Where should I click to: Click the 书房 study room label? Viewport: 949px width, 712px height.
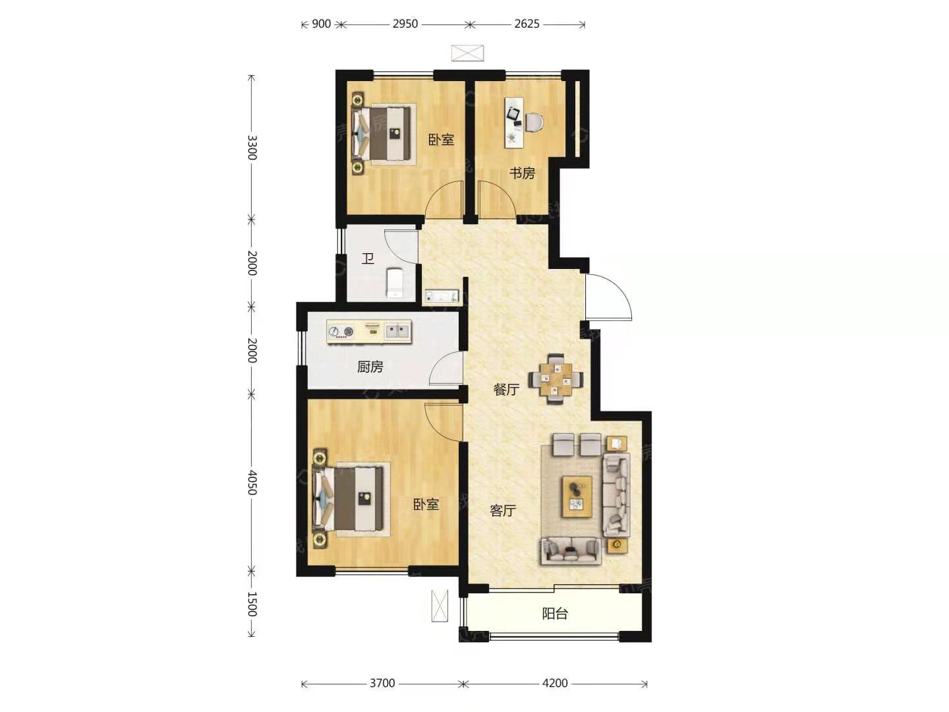pyautogui.click(x=522, y=173)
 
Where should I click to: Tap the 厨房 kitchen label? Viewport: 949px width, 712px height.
pyautogui.click(x=370, y=367)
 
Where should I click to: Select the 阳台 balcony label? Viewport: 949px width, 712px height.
pyautogui.click(x=555, y=613)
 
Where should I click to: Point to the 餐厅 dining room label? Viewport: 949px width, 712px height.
pyautogui.click(x=506, y=390)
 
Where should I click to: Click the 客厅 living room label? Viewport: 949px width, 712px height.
pyautogui.click(x=503, y=510)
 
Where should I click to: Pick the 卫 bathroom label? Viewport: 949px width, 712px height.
pyautogui.click(x=368, y=259)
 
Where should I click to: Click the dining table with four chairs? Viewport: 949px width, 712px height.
pyautogui.click(x=555, y=379)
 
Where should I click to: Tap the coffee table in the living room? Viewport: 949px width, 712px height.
pyautogui.click(x=577, y=496)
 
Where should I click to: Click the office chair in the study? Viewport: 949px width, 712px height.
pyautogui.click(x=535, y=122)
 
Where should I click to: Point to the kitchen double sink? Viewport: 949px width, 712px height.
pyautogui.click(x=397, y=332)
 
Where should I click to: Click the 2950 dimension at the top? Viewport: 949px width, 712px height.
pyautogui.click(x=405, y=24)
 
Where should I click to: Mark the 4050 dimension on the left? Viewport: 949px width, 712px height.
pyautogui.click(x=252, y=483)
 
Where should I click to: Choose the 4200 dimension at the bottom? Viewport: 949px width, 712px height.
pyautogui.click(x=555, y=683)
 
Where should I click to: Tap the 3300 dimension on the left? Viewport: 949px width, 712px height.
pyautogui.click(x=252, y=148)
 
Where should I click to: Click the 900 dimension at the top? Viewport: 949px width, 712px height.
pyautogui.click(x=321, y=24)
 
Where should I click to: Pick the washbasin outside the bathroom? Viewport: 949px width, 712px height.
pyautogui.click(x=442, y=296)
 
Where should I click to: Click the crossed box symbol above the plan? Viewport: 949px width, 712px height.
pyautogui.click(x=467, y=53)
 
